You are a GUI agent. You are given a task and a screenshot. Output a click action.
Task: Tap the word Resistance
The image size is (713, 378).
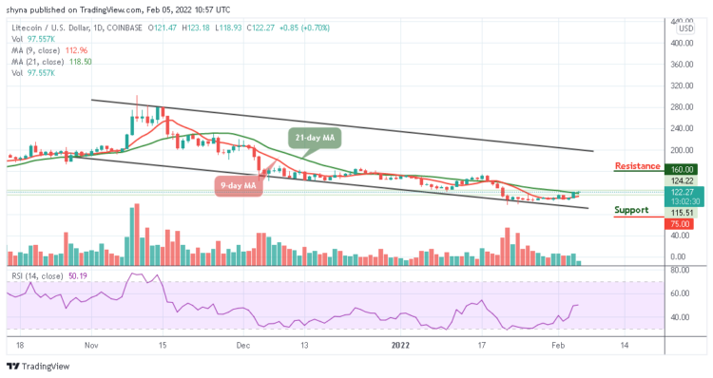pos(637,165)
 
